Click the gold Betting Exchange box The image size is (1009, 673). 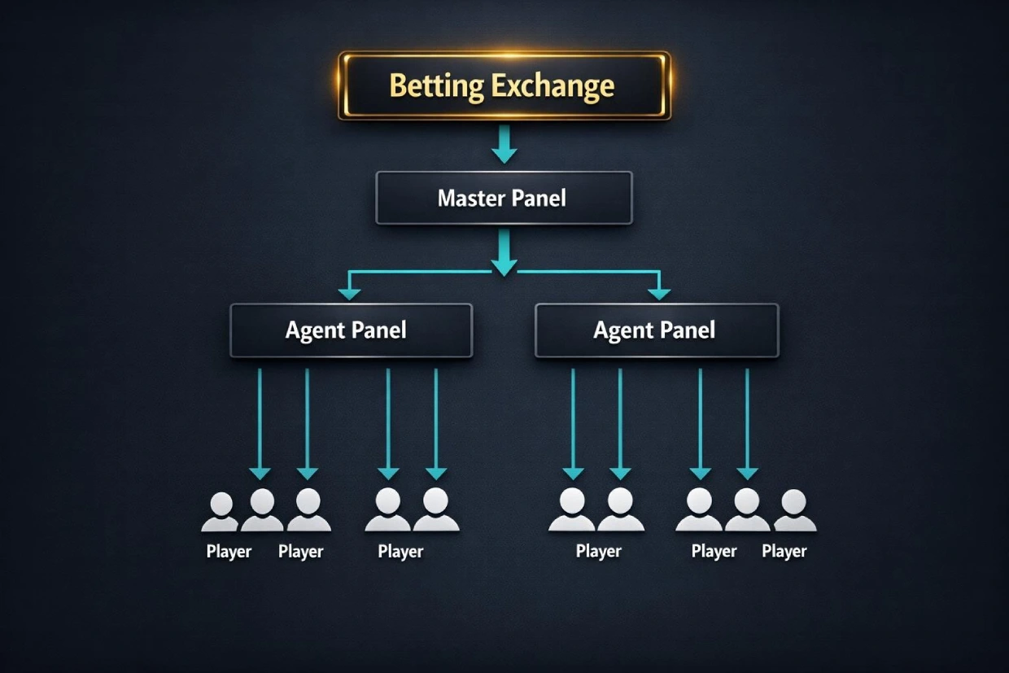tap(504, 85)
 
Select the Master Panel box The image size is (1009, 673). tap(504, 198)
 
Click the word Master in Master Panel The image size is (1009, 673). tap(470, 198)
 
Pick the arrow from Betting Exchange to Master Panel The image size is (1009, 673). tap(504, 144)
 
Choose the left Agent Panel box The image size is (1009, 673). tap(351, 330)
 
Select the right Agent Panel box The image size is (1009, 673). tap(656, 330)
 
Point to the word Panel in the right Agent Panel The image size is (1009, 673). tap(688, 330)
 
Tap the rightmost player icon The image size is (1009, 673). tap(794, 511)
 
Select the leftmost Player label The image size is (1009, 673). tap(229, 552)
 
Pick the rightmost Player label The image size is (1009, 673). tap(784, 552)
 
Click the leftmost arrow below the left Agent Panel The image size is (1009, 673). tap(260, 423)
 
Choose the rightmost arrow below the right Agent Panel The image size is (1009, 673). tap(747, 423)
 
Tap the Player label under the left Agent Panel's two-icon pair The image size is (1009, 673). tap(400, 552)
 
